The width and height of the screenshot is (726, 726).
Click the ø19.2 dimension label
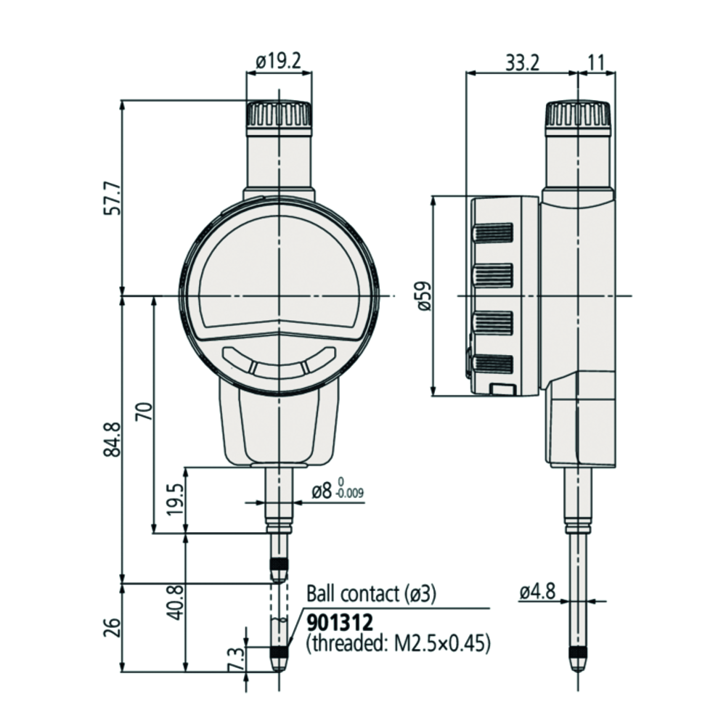coord(279,62)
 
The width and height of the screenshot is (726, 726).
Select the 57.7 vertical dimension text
coord(111,197)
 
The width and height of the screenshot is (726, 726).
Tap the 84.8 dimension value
coord(111,439)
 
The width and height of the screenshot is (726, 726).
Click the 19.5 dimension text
coord(175,499)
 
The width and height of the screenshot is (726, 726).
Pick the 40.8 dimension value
coord(175,602)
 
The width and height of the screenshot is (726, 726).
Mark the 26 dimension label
coord(111,627)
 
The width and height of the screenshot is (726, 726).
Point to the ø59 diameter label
coord(424,295)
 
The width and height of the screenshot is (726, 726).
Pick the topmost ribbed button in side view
coord(494,232)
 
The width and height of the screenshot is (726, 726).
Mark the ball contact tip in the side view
coord(578,663)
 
